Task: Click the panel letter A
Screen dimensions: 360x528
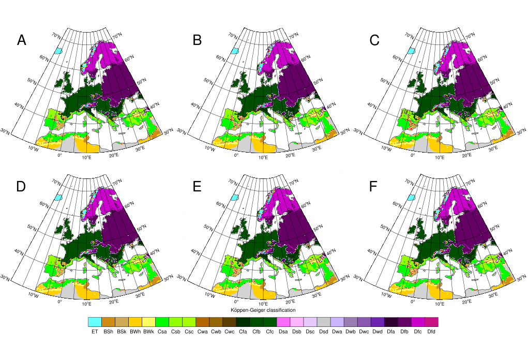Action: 21,40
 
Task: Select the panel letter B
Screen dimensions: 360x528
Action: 197,40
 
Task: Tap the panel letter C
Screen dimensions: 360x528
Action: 374,40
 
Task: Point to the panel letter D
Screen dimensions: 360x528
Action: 21,187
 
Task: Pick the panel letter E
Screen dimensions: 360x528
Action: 197,187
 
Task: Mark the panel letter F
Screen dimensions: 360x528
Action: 374,187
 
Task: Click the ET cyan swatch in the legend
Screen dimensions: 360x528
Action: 95,322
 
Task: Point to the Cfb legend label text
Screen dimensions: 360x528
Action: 257,332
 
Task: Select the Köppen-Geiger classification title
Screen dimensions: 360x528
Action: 263,310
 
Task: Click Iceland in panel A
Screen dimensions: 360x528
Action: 59,51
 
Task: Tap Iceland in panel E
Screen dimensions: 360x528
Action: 235,197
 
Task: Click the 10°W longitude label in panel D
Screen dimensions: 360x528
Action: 33,295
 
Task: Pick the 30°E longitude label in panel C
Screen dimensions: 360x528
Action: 493,149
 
